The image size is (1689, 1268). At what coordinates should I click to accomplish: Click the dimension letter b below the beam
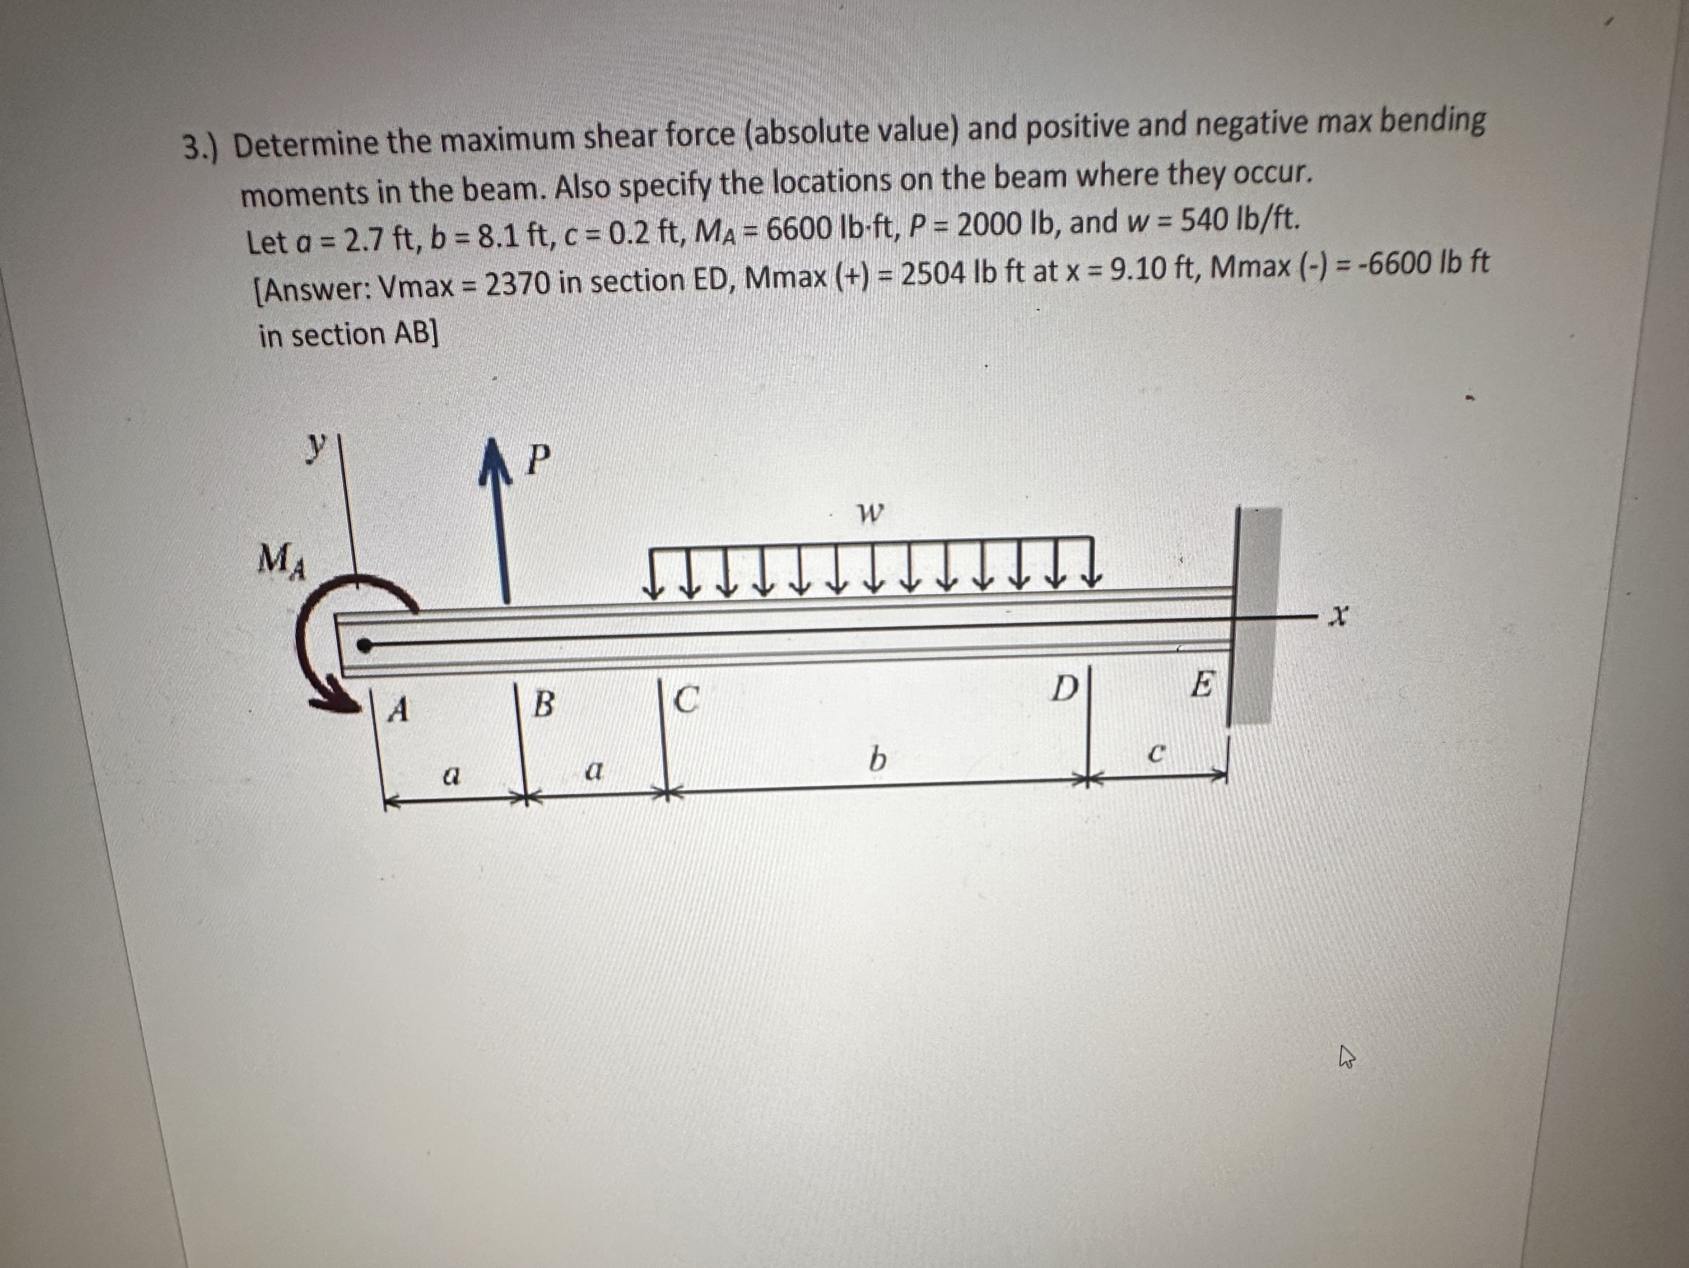[878, 759]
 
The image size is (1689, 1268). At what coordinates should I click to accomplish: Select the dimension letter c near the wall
[1157, 755]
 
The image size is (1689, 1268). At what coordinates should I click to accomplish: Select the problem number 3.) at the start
[200, 147]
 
